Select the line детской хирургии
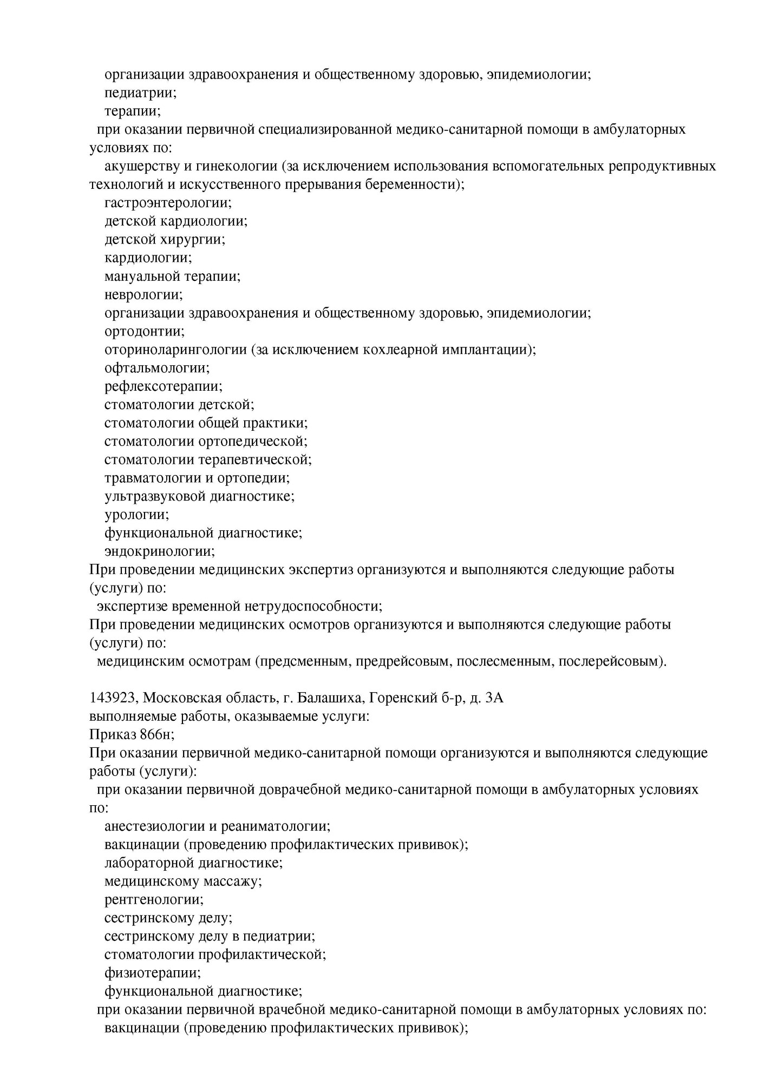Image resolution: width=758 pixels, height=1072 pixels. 165,239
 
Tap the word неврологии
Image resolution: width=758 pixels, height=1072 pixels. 143,294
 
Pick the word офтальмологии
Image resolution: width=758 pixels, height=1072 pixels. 156,368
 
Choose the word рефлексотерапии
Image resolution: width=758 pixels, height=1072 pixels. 163,386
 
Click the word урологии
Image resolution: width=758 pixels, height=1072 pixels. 136,514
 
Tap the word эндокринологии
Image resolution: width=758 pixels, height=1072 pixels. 159,551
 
